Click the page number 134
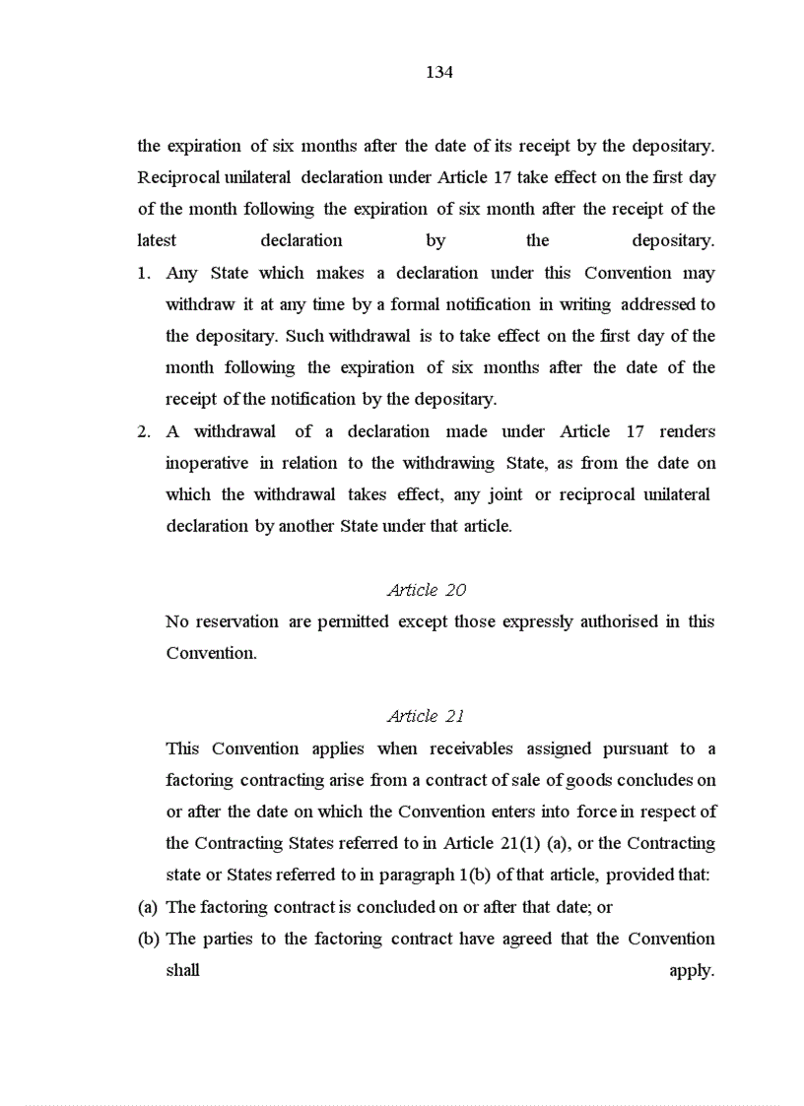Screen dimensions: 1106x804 (x=439, y=72)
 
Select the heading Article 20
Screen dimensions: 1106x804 (x=427, y=590)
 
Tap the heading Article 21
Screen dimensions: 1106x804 (x=426, y=716)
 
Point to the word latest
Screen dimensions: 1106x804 (x=157, y=240)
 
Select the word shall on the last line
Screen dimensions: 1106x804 (x=182, y=970)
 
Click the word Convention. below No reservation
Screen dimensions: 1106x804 (x=211, y=653)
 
